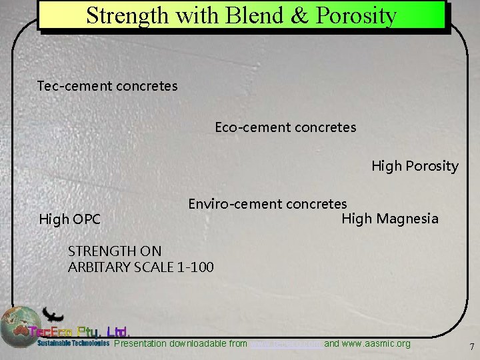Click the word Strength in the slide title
[x=127, y=15]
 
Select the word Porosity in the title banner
[x=357, y=15]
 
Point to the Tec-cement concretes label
[x=107, y=86]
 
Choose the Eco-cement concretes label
[x=285, y=127]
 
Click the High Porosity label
[x=415, y=166]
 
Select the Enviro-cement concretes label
[x=267, y=204]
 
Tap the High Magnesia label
[x=390, y=219]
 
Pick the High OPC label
[x=70, y=219]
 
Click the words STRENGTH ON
[x=115, y=251]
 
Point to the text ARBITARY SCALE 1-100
[x=141, y=267]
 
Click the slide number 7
[x=472, y=347]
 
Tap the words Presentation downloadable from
[x=181, y=344]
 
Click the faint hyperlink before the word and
[x=285, y=344]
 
